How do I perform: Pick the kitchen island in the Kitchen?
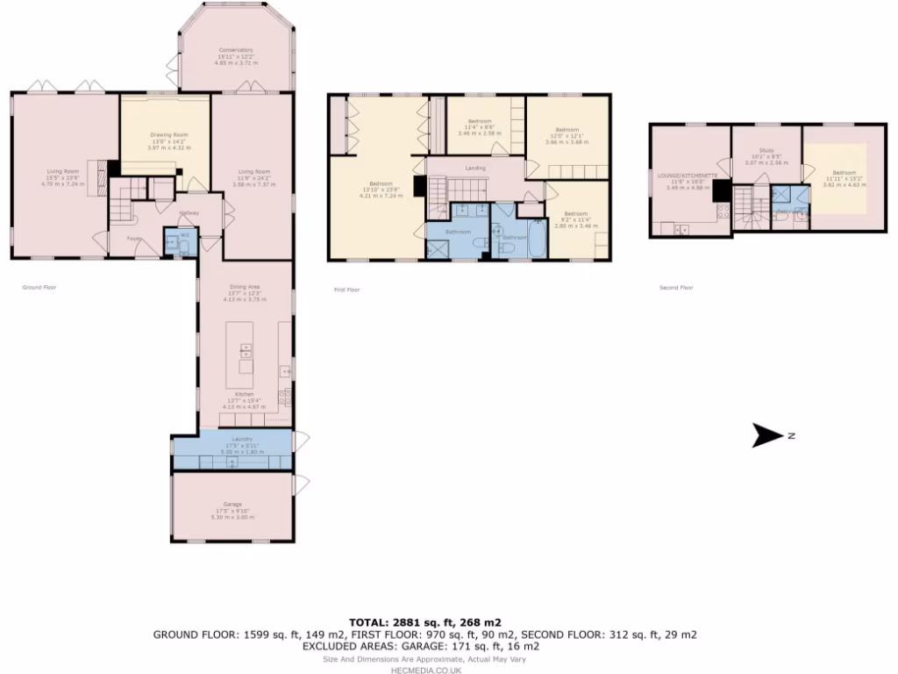click(x=246, y=360)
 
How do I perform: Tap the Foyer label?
click(x=134, y=238)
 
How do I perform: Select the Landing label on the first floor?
click(x=475, y=168)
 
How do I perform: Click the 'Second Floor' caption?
click(x=675, y=287)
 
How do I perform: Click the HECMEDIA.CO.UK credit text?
click(x=426, y=669)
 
